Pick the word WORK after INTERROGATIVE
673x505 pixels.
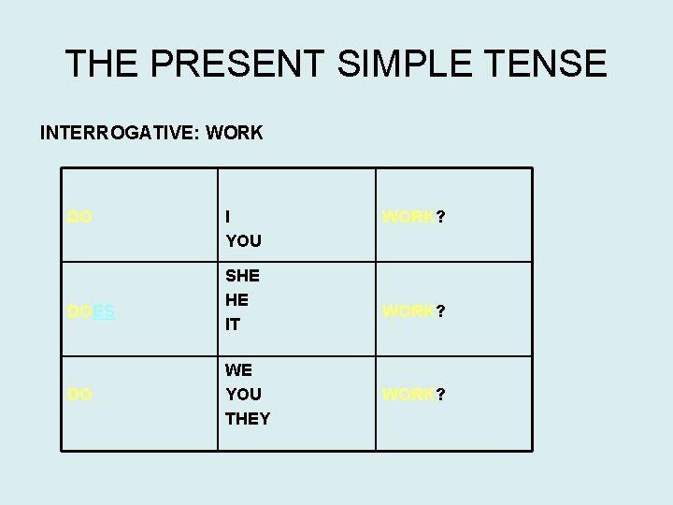[236, 133]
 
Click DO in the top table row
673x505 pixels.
[79, 217]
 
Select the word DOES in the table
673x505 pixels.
[92, 312]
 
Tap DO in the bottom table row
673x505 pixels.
[79, 395]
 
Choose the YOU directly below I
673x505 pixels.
[243, 241]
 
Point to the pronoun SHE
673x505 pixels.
[242, 277]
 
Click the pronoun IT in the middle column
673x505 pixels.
[233, 325]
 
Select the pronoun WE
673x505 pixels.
[239, 370]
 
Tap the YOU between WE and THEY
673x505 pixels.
[243, 395]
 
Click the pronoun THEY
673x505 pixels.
[248, 419]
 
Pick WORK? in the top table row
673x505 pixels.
[414, 217]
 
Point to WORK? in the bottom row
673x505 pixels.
[414, 395]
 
